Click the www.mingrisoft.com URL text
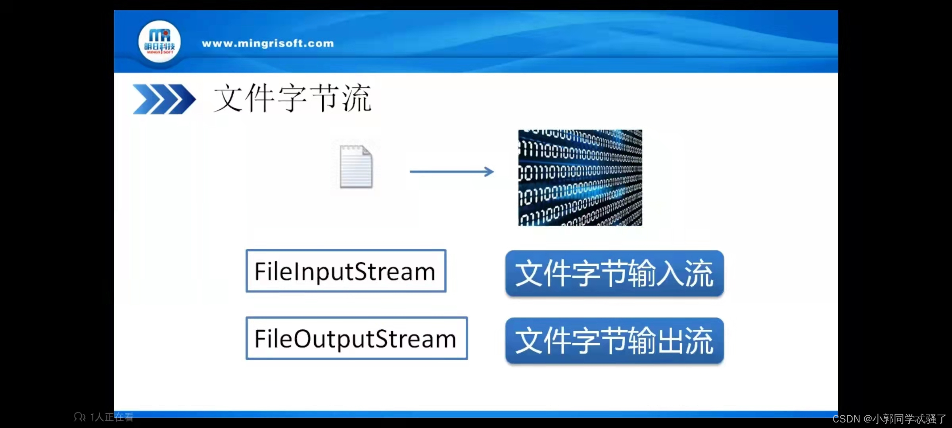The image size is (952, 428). [x=268, y=43]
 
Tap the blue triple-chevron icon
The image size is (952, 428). [x=164, y=99]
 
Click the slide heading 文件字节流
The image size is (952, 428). [x=292, y=98]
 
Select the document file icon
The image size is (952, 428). [x=356, y=167]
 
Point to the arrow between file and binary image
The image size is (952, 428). [x=451, y=172]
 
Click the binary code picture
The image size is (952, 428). [x=580, y=178]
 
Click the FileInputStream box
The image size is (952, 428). [x=346, y=271]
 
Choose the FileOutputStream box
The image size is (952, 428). [x=357, y=338]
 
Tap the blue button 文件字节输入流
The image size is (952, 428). [x=614, y=273]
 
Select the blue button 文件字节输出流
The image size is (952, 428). [x=614, y=340]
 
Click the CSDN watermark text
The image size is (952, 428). [x=889, y=418]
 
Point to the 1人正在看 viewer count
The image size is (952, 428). [x=111, y=417]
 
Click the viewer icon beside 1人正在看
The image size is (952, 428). [x=80, y=417]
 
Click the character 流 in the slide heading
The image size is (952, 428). [x=357, y=98]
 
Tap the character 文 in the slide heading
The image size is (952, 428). [x=228, y=98]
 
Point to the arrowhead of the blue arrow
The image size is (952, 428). [x=490, y=172]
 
